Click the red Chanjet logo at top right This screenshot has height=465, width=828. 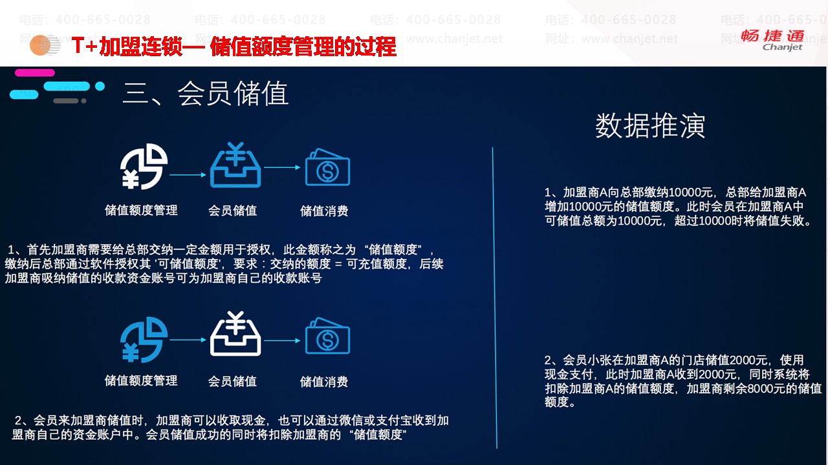(772, 40)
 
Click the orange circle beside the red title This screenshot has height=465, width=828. (40, 45)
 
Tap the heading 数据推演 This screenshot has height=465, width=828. (650, 126)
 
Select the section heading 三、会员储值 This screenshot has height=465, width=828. (206, 94)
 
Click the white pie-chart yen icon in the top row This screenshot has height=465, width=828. (144, 167)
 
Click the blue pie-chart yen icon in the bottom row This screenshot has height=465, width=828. (144, 340)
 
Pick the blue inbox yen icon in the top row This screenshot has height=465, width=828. (235, 165)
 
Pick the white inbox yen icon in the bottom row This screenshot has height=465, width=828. (235, 334)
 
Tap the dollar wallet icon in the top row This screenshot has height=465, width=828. (327, 167)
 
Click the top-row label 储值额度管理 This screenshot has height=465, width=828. (141, 211)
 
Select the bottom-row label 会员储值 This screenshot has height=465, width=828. (232, 381)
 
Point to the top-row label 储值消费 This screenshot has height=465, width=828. (324, 211)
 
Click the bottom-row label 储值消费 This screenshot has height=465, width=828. (324, 382)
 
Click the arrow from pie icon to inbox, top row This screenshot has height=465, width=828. (188, 175)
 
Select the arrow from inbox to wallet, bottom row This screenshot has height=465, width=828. (282, 340)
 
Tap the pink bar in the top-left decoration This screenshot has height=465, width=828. (35, 73)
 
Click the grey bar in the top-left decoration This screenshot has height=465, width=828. (66, 101)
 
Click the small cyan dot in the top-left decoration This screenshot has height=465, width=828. (100, 87)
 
